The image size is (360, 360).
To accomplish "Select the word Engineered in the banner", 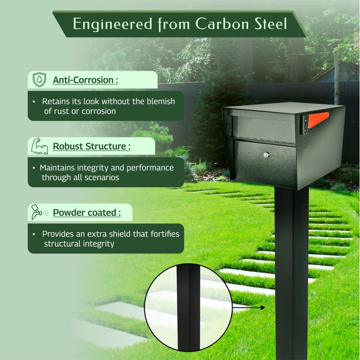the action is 112,24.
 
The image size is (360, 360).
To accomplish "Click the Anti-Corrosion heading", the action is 85,80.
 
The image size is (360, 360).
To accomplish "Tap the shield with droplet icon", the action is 40,80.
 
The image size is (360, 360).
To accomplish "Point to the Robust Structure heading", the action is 92,146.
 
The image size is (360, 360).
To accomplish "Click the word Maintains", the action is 57,168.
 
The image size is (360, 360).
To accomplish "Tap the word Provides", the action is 59,234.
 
